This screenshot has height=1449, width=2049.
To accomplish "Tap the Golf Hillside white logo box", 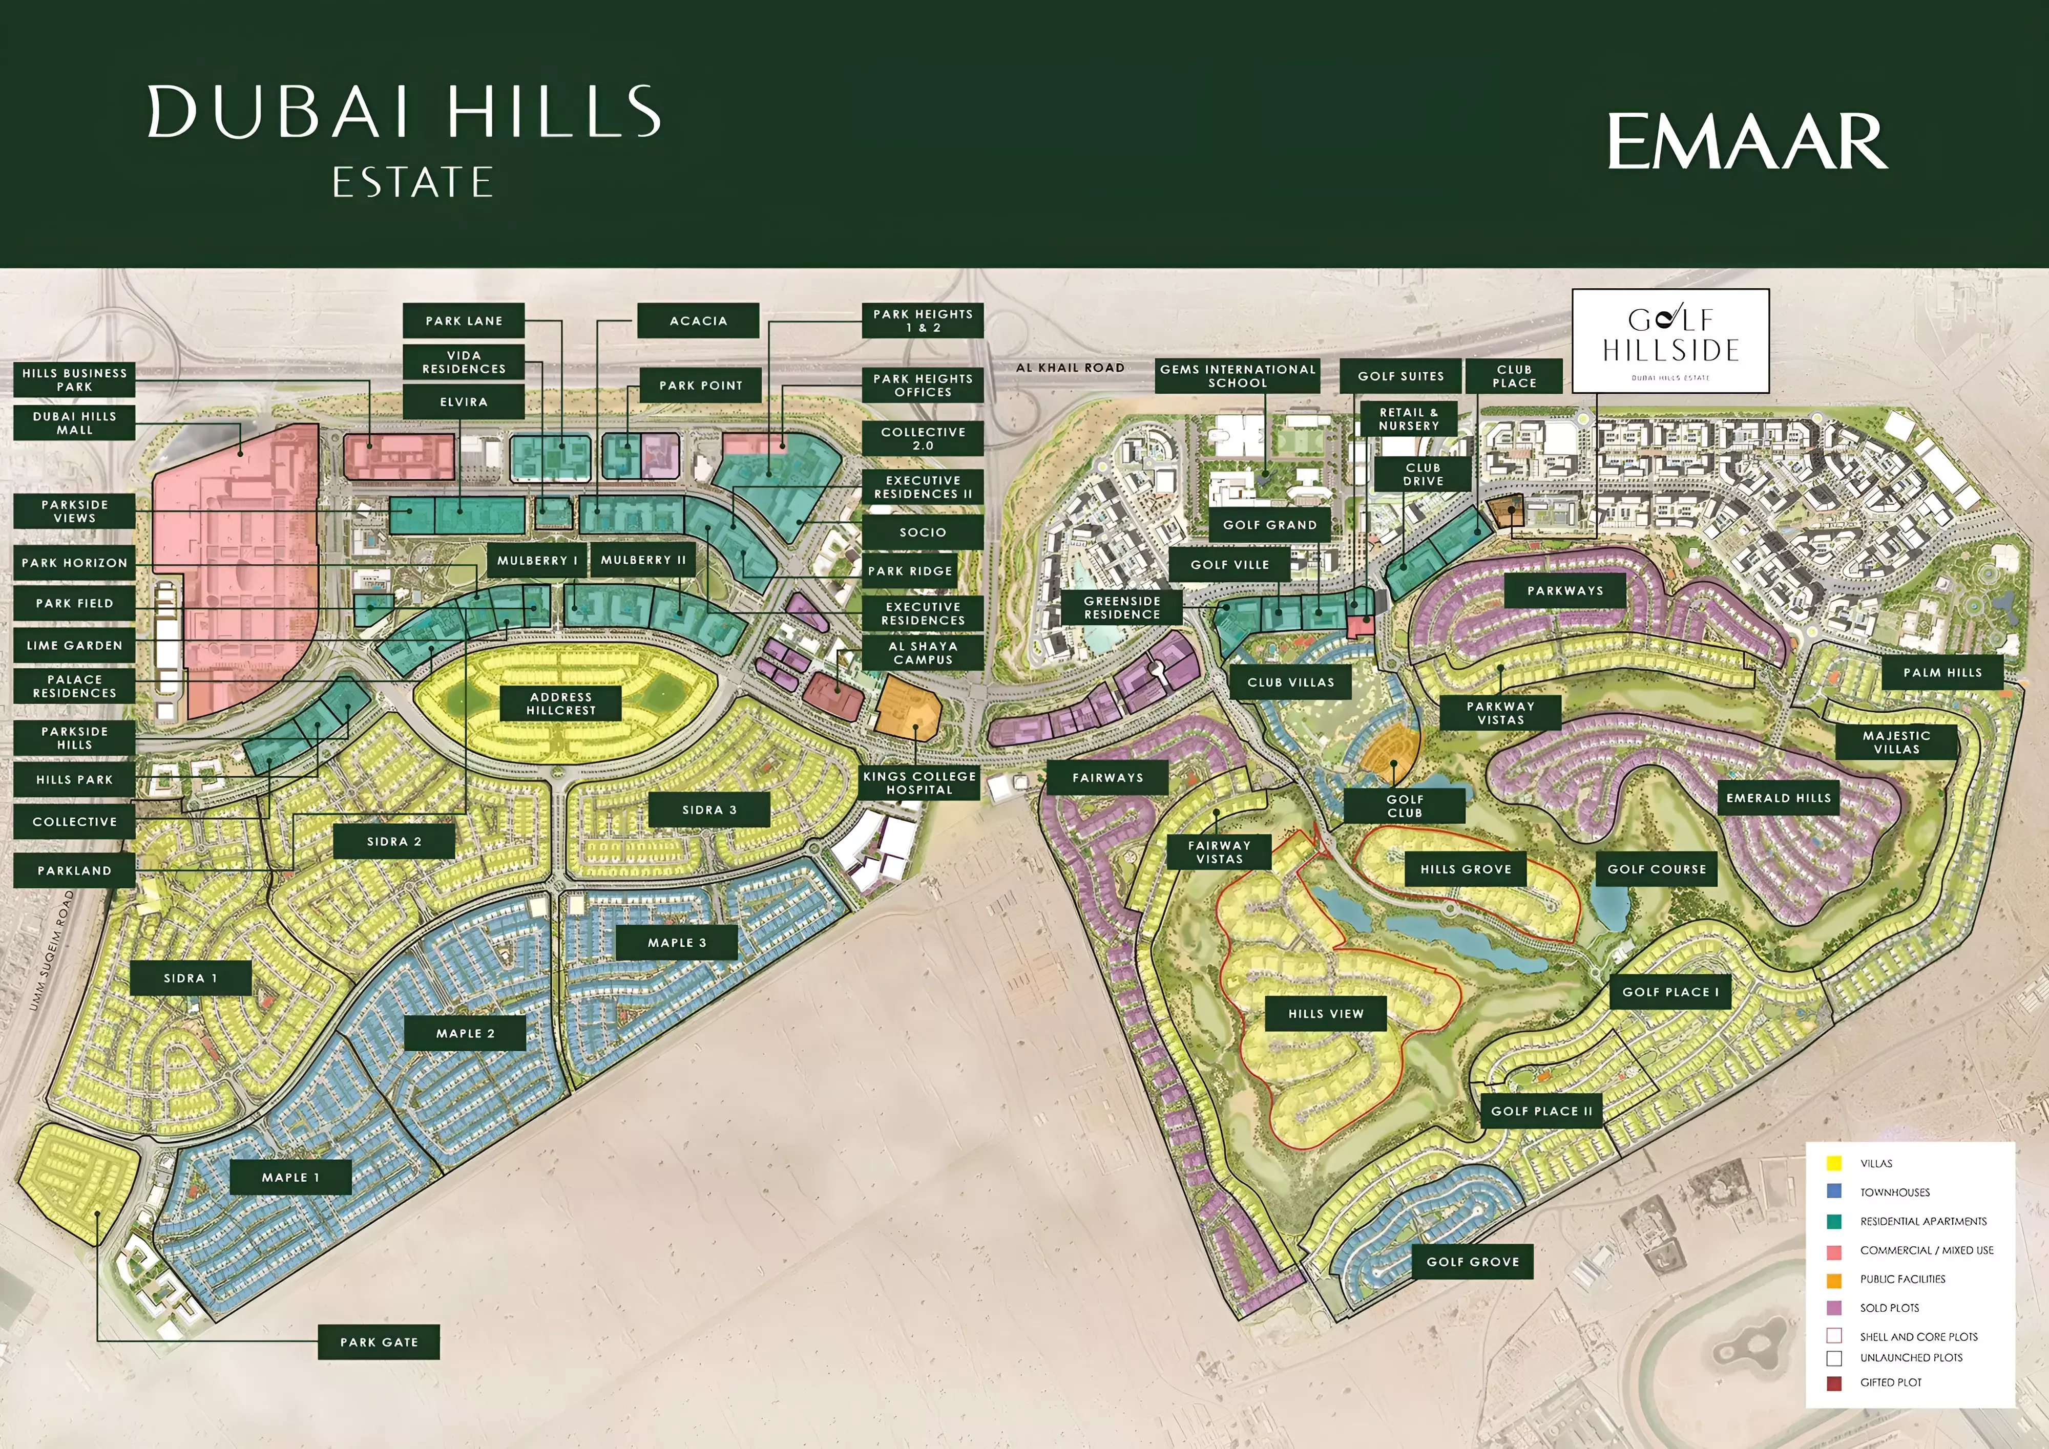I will click(1670, 341).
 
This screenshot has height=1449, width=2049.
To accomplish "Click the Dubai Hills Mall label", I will click(75, 423).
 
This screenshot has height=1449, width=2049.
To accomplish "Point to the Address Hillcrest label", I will click(560, 703).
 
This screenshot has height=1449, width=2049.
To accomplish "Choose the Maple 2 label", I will click(465, 1033).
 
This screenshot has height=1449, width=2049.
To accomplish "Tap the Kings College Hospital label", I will click(919, 782).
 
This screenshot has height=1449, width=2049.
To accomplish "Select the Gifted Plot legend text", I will click(1890, 1382).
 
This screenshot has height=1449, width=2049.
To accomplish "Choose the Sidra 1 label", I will click(190, 978).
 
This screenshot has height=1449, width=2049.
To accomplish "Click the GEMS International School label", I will click(1237, 376).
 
